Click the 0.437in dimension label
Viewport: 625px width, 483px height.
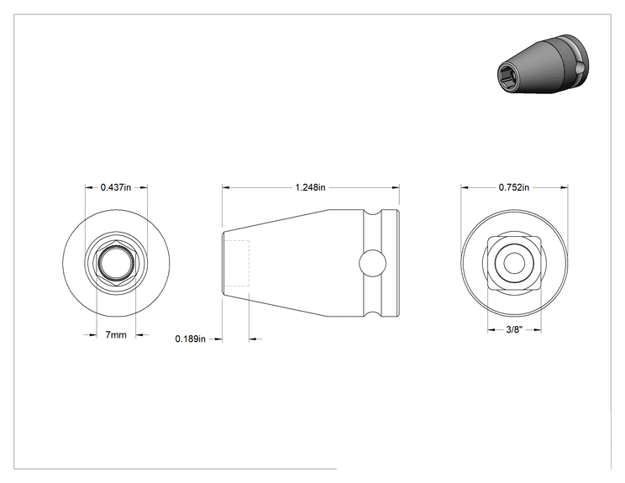[x=116, y=187]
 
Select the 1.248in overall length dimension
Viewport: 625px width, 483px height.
[x=310, y=187]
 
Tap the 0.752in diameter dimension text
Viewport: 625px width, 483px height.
[x=514, y=187]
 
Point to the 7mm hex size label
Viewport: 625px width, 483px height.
[x=116, y=335]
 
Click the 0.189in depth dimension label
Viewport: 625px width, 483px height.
[x=191, y=339]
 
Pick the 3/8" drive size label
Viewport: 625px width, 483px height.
[x=514, y=329]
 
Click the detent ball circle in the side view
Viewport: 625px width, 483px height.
[x=372, y=263]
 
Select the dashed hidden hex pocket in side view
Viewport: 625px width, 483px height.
[x=236, y=263]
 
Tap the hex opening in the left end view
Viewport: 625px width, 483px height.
[x=116, y=263]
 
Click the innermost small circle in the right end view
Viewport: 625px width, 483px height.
[x=514, y=263]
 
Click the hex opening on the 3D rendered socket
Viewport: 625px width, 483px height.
[x=507, y=75]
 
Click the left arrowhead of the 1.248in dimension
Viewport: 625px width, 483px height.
[x=227, y=187]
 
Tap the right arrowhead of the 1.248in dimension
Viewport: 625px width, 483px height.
[x=396, y=187]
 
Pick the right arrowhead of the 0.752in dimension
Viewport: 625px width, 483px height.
[x=564, y=187]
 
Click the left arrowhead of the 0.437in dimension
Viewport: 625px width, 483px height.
[x=89, y=187]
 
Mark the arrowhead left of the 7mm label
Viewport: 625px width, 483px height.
[x=92, y=335]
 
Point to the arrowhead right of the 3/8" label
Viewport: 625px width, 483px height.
[x=537, y=329]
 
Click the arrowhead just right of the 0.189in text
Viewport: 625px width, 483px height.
[x=218, y=339]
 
